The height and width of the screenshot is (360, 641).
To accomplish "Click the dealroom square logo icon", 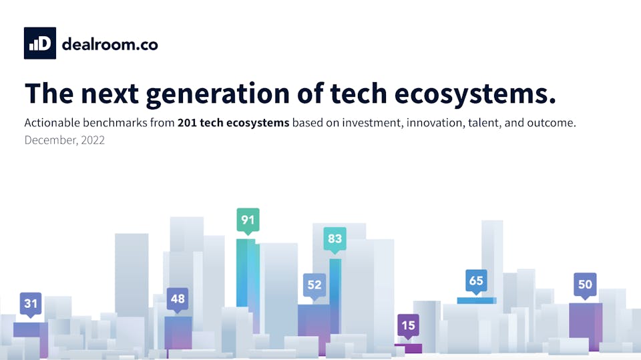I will (x=39, y=43).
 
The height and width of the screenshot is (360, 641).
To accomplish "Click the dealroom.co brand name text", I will (x=110, y=44).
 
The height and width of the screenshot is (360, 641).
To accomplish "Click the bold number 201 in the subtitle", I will (x=187, y=123).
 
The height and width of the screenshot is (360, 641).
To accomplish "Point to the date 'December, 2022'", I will (x=64, y=140).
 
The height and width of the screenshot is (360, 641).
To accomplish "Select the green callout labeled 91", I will (x=248, y=220).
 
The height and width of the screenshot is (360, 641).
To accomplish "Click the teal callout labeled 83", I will (x=335, y=239).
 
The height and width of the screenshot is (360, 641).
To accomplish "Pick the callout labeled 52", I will (x=314, y=285).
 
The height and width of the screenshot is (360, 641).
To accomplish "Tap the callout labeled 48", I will (x=178, y=299).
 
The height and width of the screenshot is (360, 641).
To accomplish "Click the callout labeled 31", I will (x=31, y=304).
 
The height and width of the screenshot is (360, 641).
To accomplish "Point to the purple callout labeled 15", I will (x=408, y=327).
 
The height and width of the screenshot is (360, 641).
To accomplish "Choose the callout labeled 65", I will (x=475, y=281).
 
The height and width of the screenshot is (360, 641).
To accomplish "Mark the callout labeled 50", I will (x=585, y=285).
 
